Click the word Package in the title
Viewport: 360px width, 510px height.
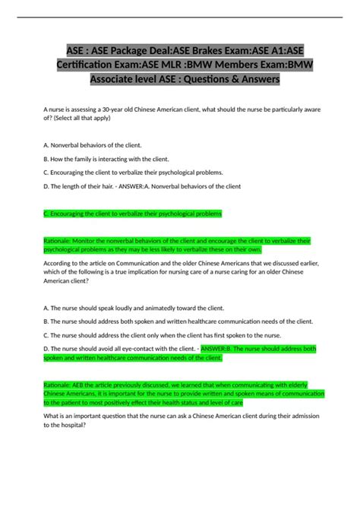(123, 49)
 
